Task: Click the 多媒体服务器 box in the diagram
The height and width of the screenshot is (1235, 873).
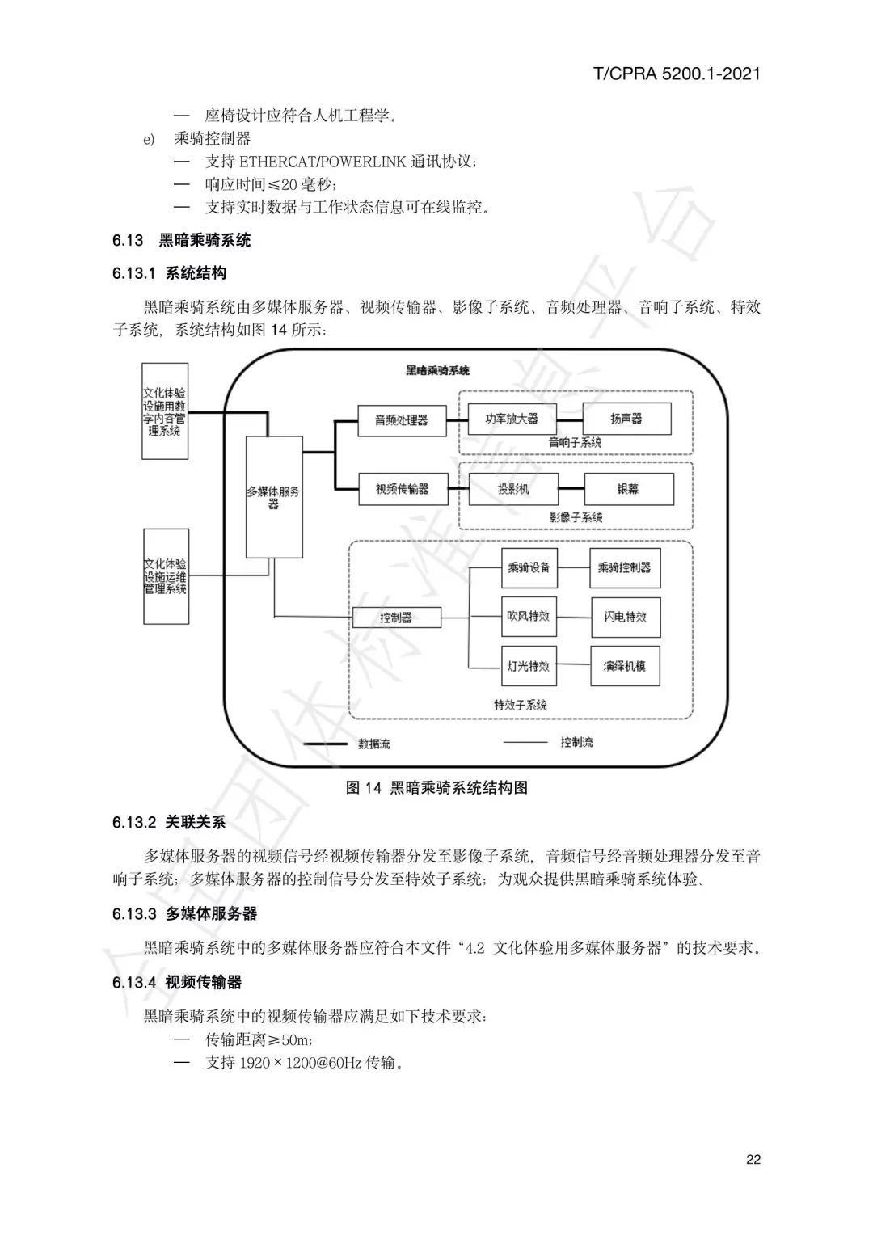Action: coord(274,496)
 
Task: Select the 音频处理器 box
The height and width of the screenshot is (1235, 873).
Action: coord(402,420)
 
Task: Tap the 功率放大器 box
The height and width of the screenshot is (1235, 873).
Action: coord(512,419)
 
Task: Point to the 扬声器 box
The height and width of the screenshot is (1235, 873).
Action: coord(626,419)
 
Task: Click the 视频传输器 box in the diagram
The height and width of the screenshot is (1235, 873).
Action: coord(403,489)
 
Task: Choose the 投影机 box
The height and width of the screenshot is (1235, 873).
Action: coord(513,489)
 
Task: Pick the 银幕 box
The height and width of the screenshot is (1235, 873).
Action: coord(628,489)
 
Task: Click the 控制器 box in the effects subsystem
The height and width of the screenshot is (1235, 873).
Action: coord(396,617)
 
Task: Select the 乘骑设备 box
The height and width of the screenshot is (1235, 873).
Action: coord(529,568)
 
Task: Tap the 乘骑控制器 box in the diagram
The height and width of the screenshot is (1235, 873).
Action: coord(625,568)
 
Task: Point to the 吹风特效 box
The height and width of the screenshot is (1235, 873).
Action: coord(529,617)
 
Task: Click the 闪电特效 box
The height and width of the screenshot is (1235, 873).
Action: coord(625,617)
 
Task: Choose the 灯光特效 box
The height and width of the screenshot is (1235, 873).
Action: coord(529,667)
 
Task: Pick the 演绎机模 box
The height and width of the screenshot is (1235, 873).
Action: coord(625,667)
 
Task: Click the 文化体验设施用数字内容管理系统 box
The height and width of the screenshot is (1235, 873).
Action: coord(165,412)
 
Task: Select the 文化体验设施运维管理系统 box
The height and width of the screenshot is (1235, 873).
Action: coord(166,575)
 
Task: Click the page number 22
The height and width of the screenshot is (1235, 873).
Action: coord(753,1160)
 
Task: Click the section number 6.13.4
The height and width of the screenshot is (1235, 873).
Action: coord(134,983)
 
